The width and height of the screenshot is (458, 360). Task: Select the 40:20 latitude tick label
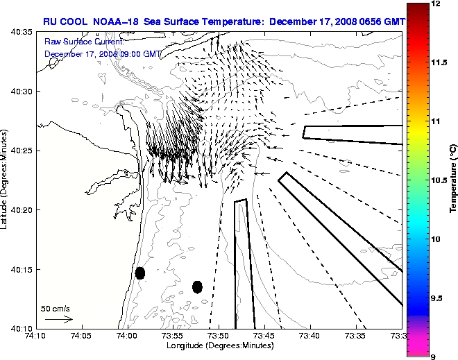click(21, 210)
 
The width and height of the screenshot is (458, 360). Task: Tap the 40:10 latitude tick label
click(21, 328)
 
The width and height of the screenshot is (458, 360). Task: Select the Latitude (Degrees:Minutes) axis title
click(6, 180)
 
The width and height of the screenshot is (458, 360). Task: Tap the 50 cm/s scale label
click(55, 308)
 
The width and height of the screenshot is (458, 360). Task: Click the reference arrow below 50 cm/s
click(58, 319)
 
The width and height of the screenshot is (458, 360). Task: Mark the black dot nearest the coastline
click(140, 273)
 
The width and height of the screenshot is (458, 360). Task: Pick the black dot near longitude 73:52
click(197, 286)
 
